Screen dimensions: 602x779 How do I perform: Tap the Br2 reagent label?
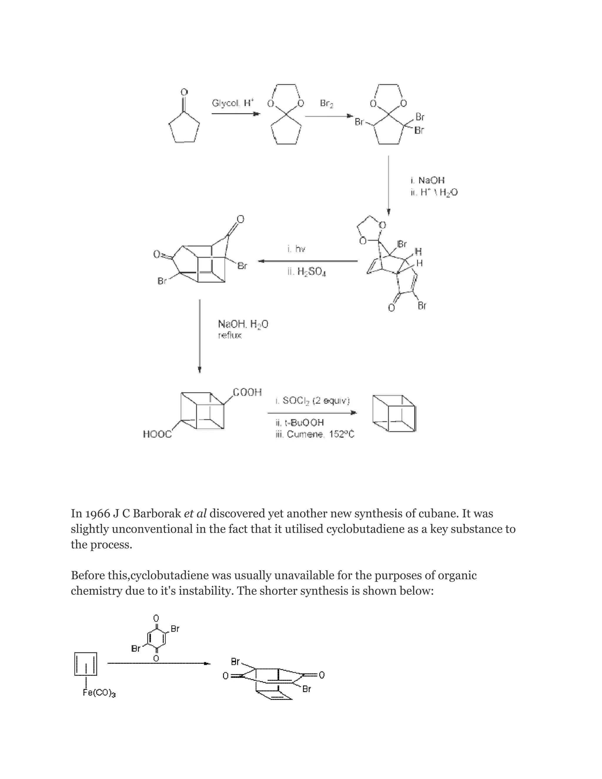tap(327, 103)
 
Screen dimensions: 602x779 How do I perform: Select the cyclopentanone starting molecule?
tap(184, 123)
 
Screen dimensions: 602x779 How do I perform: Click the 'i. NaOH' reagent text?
tap(427, 180)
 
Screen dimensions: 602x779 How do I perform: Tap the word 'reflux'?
tap(230, 335)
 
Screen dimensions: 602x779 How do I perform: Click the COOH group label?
tap(247, 392)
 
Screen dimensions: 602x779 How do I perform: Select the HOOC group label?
tap(157, 434)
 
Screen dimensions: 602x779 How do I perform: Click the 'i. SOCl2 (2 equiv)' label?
tap(312, 401)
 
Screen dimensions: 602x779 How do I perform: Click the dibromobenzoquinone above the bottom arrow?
tap(156, 638)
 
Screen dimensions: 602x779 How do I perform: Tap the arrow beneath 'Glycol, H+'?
tap(236, 114)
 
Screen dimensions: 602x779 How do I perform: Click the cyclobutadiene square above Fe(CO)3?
tap(86, 664)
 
